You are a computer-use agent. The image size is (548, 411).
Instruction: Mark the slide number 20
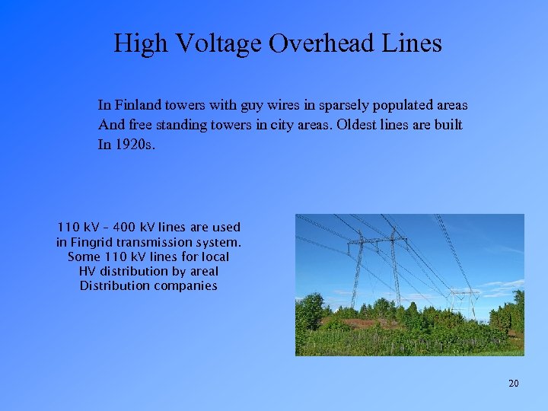click(514, 383)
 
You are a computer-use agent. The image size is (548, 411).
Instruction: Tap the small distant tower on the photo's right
click(464, 300)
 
